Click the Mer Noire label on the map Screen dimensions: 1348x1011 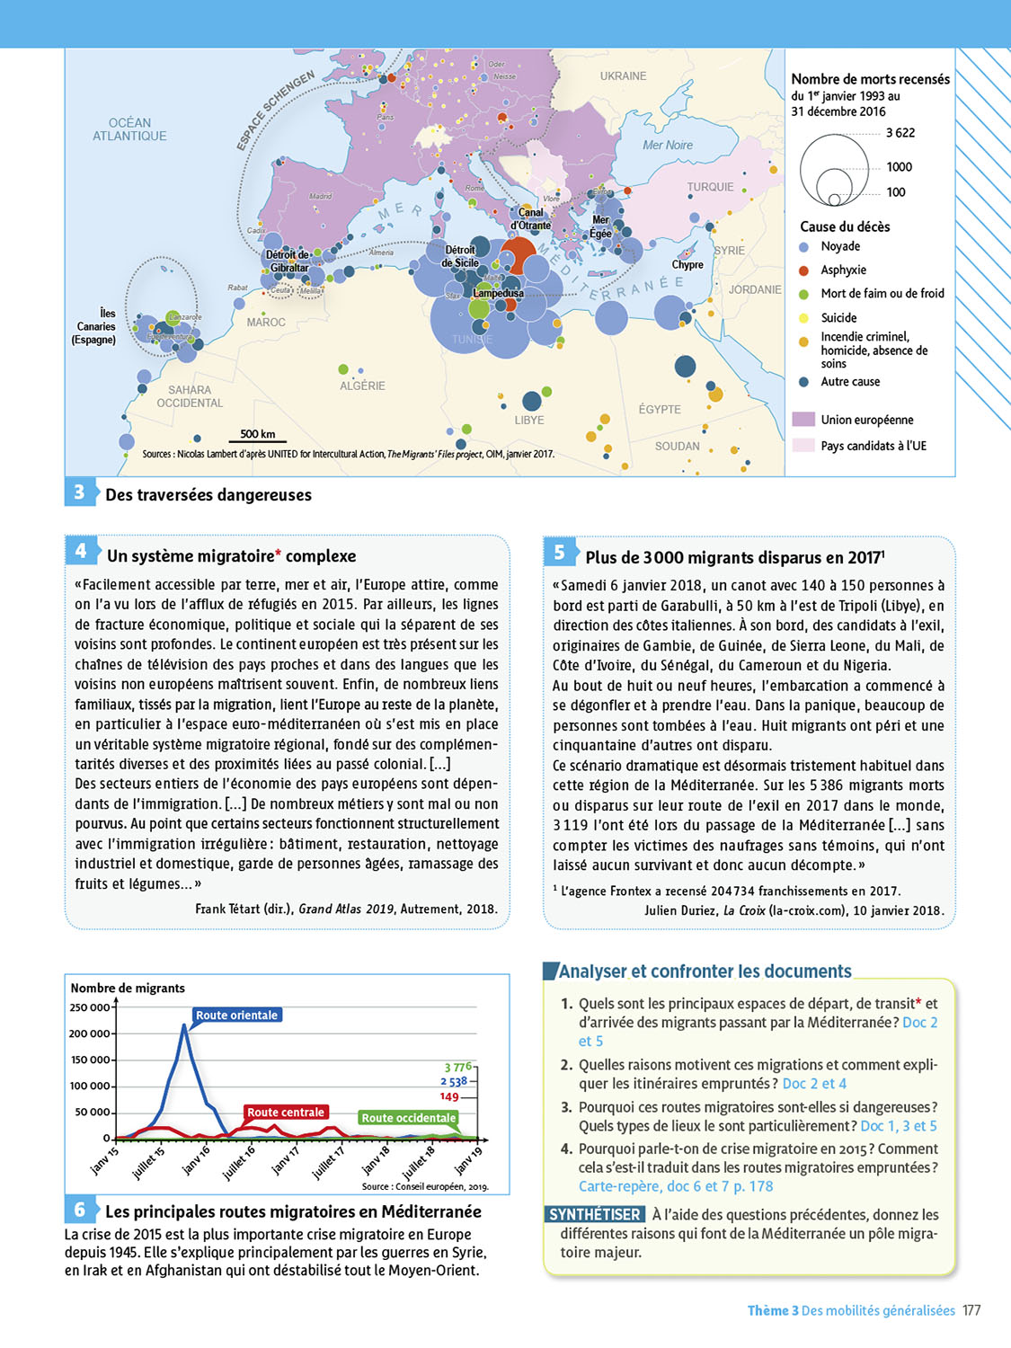[x=668, y=145]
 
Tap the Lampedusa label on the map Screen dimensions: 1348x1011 [x=498, y=293]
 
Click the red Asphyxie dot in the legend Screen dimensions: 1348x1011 [x=804, y=270]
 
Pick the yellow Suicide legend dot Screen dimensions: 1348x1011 [x=804, y=318]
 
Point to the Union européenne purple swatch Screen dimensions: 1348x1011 [x=803, y=420]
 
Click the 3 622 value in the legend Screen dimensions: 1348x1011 [x=900, y=133]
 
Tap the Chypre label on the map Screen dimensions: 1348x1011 [x=687, y=265]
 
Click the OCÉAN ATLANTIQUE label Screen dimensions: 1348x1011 [x=129, y=129]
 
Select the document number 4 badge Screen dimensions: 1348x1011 [x=80, y=551]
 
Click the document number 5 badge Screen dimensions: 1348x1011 [x=559, y=552]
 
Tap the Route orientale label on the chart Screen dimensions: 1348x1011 [x=236, y=1015]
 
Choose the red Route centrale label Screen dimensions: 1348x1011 [x=285, y=1113]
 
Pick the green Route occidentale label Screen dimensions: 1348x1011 [x=408, y=1118]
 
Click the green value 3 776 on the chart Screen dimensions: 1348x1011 [x=457, y=1067]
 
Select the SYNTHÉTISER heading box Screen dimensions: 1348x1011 [x=595, y=1215]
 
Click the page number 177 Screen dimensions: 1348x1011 [x=971, y=1311]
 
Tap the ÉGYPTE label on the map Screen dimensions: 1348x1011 [x=660, y=409]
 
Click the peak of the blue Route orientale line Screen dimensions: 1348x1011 [x=184, y=1025]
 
